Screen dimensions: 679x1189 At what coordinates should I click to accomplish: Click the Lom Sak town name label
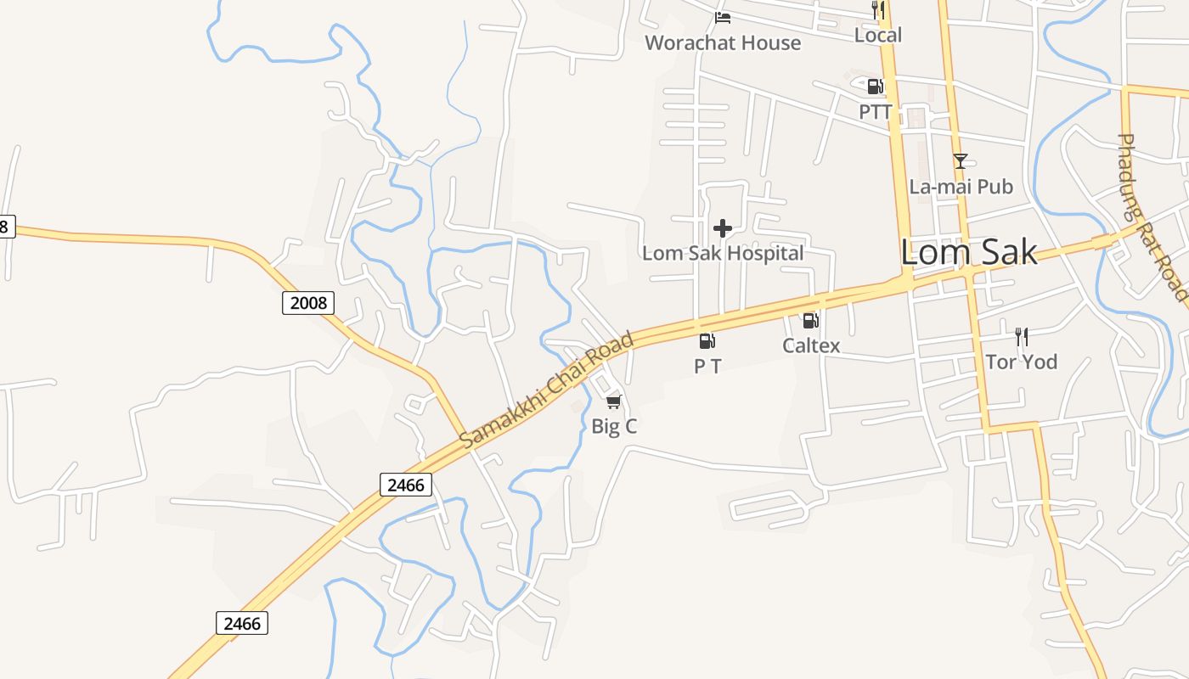tap(968, 252)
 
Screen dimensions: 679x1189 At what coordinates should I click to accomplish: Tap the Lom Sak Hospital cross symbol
tap(723, 228)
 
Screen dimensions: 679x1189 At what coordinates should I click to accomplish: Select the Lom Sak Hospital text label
tap(723, 253)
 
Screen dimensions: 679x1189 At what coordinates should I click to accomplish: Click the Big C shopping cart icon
tap(614, 401)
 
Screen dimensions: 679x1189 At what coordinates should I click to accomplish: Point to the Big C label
tap(614, 426)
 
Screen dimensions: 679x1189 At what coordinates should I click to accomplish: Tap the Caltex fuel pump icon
tap(810, 321)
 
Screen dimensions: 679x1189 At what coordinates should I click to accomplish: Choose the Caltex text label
tap(811, 345)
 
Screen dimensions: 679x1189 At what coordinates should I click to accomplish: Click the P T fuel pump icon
tap(707, 341)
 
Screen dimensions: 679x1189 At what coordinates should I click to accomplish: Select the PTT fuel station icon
tap(875, 86)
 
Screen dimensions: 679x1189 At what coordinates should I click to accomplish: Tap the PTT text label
tap(875, 111)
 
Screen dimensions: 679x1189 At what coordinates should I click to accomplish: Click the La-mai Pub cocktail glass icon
tap(960, 160)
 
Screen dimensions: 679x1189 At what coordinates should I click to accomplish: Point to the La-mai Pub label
tap(961, 186)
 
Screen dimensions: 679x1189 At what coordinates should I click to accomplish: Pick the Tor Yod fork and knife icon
tap(1022, 337)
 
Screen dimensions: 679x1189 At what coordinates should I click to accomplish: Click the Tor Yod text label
tap(1021, 362)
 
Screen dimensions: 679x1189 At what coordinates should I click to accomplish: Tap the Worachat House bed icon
tap(723, 17)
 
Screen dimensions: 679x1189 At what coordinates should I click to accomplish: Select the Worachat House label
tap(723, 42)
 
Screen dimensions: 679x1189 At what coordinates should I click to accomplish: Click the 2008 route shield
tap(308, 302)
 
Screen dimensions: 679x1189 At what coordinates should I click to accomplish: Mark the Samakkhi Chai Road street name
tap(547, 391)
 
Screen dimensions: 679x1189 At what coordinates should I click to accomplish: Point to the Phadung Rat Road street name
tap(1152, 216)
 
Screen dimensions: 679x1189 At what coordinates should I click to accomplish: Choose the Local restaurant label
tap(877, 35)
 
